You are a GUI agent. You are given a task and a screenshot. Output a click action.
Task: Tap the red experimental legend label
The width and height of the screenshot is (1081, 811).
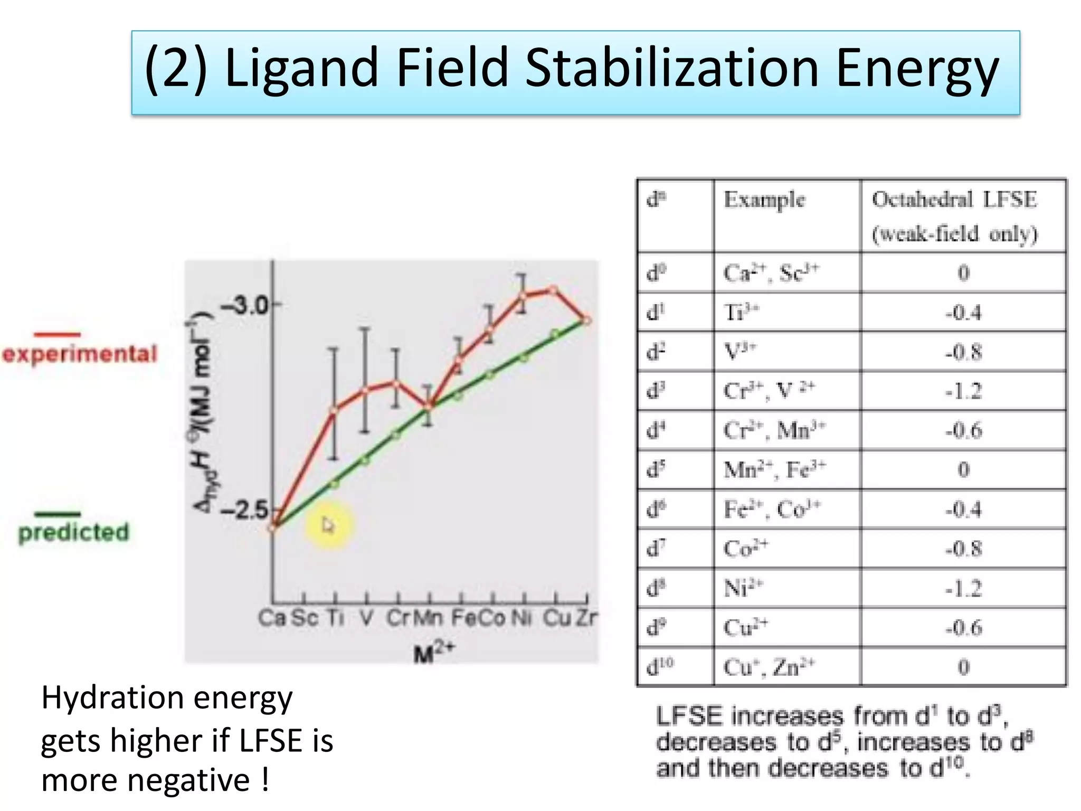(80, 354)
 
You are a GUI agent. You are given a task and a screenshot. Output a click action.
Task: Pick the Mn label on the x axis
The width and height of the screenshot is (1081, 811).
(428, 618)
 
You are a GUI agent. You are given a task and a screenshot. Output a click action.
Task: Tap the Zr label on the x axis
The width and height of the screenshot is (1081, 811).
(586, 618)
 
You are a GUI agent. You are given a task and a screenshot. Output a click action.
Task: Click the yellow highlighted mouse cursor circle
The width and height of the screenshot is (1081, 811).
(328, 525)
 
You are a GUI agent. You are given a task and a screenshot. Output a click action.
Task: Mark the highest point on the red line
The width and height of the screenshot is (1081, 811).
(553, 290)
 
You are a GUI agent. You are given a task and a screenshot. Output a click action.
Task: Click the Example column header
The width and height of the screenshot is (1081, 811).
(764, 200)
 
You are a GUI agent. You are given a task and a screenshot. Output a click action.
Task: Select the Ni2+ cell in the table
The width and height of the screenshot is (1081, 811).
(743, 588)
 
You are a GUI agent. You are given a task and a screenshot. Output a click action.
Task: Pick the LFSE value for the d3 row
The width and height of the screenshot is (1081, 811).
(963, 391)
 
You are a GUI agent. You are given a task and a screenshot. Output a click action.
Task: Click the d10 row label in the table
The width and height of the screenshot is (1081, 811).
(660, 666)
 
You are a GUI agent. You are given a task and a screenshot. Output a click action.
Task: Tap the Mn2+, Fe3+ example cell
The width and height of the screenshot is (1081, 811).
(774, 469)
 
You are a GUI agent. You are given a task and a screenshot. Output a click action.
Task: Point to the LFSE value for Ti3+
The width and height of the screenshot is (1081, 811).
(963, 313)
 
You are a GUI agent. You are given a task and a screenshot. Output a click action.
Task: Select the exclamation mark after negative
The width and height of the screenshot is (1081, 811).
(265, 780)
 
